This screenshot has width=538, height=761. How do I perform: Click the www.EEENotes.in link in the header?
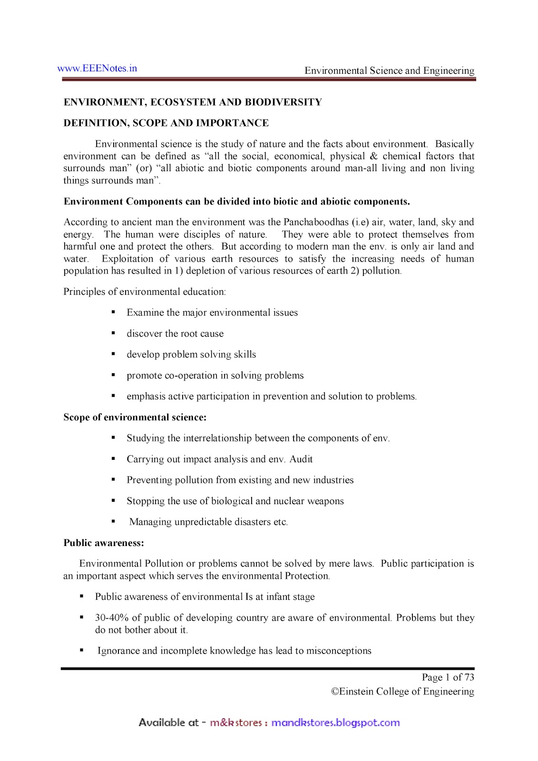97,68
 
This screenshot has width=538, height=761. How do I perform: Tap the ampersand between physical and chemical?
373,156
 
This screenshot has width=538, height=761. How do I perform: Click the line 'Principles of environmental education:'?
145,292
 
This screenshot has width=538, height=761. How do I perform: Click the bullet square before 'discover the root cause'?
113,333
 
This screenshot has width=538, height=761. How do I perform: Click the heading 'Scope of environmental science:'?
135,417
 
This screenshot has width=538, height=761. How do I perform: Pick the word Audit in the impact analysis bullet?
301,459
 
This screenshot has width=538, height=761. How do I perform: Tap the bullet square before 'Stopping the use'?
113,500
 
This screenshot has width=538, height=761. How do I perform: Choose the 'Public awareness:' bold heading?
104,543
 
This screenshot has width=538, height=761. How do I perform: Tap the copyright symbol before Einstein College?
335,692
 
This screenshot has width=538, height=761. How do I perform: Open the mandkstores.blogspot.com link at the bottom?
335,723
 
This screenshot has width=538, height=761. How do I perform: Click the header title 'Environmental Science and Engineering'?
389,71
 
